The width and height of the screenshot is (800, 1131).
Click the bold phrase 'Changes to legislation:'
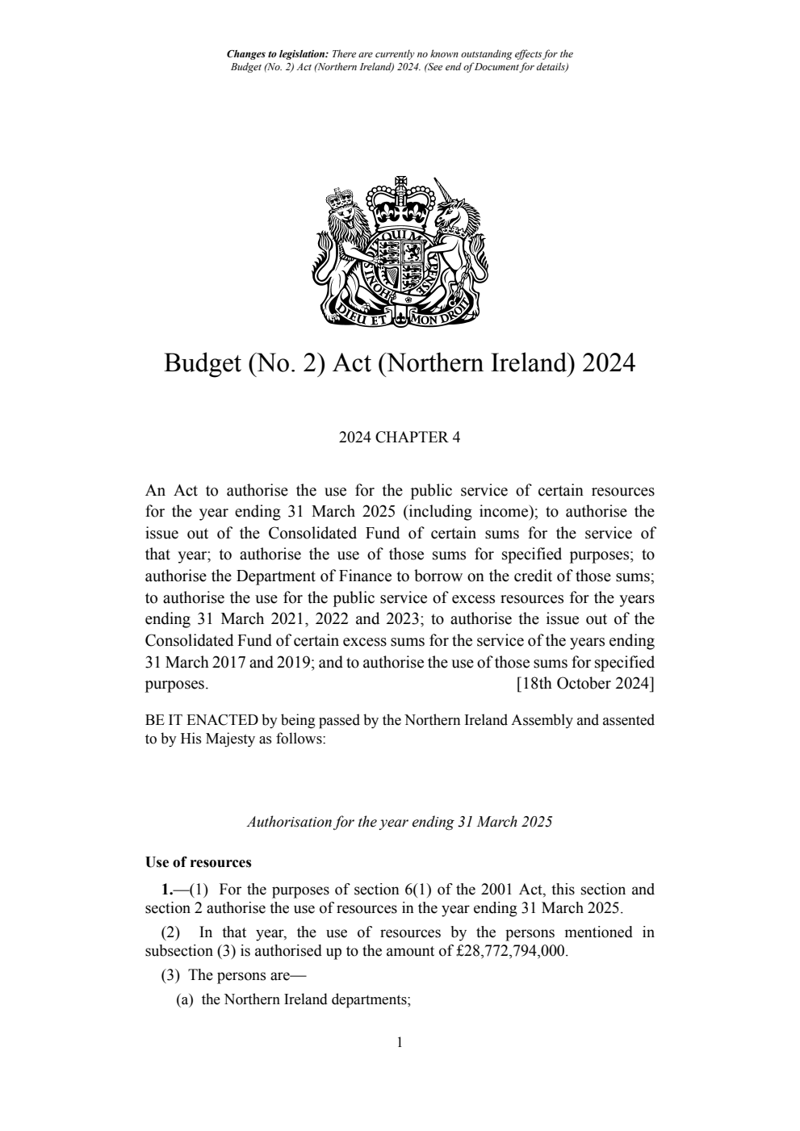pos(273,55)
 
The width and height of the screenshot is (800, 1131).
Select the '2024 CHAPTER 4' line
pos(400,438)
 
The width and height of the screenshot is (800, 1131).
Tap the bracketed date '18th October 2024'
pos(585,684)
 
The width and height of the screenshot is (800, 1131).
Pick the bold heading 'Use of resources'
pos(199,862)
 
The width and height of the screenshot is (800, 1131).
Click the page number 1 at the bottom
pos(400,1042)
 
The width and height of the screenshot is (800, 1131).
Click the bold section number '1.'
pos(166,890)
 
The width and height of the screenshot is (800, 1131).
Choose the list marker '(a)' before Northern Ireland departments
pos(185,999)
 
